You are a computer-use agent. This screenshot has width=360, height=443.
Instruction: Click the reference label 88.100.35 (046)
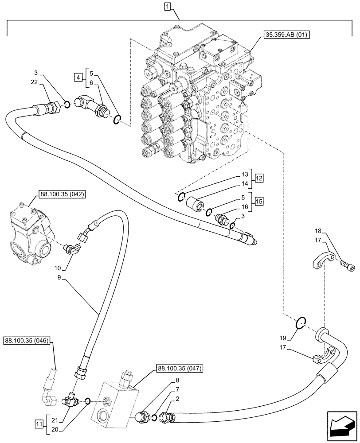tap(28, 341)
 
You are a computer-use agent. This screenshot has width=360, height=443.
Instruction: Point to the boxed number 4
tap(78, 78)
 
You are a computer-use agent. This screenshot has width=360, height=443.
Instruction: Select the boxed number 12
tap(259, 178)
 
